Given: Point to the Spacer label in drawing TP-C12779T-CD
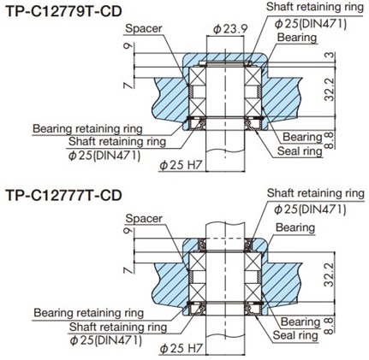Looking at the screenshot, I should click(144, 29).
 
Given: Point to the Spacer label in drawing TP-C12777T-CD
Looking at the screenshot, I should click(144, 218).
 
